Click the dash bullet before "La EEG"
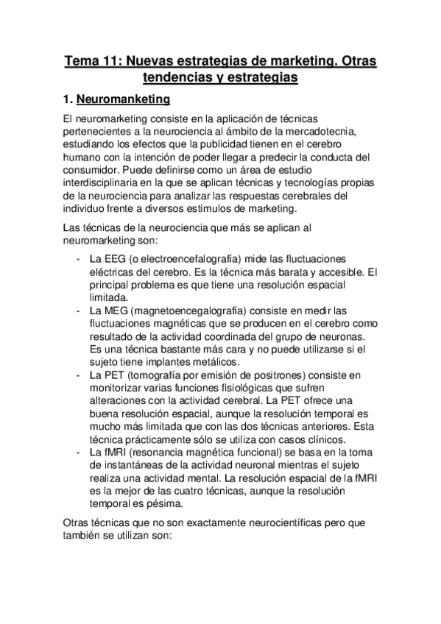coord(78,260)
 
